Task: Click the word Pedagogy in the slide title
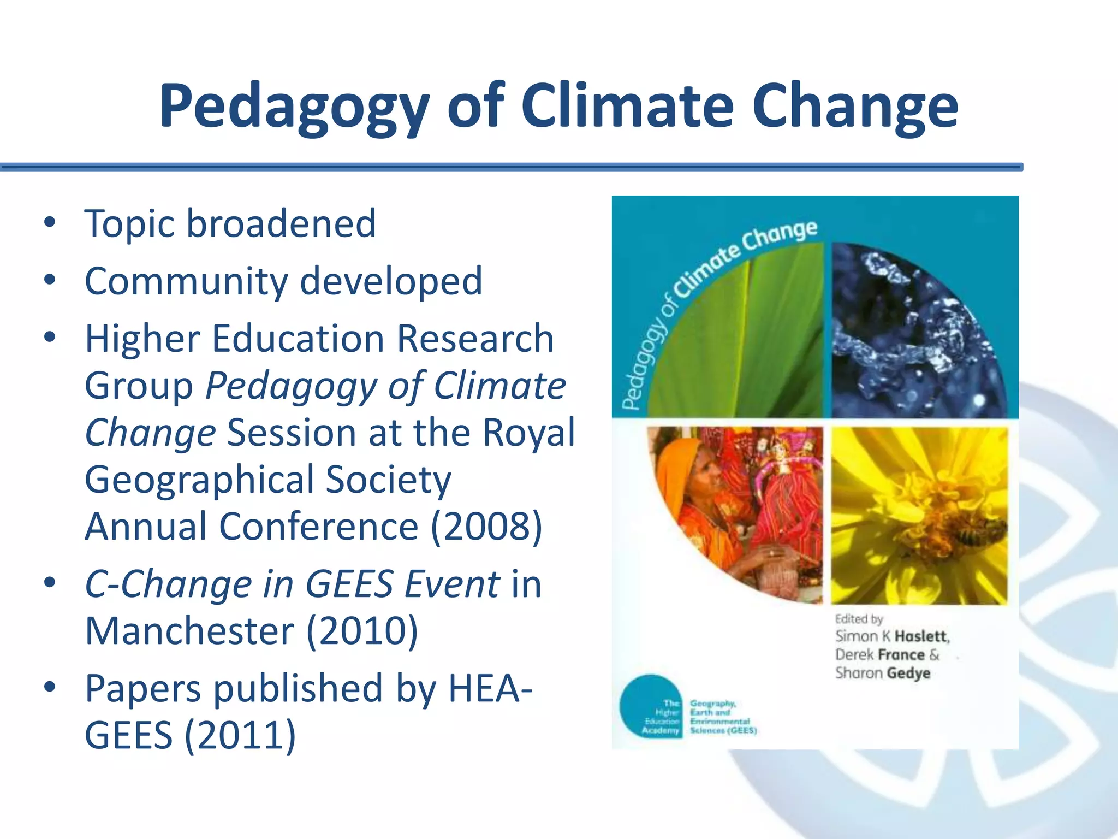point(294,107)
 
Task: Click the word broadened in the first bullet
point(281,224)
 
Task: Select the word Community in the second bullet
point(186,282)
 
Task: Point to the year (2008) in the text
point(486,527)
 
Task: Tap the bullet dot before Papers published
point(50,687)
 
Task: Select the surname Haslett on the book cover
point(921,636)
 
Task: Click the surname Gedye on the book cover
point(908,673)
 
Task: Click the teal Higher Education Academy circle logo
point(651,706)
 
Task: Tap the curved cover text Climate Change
point(748,257)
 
